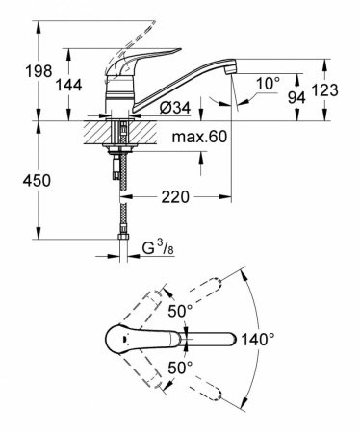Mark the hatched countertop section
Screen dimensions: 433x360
(98, 129)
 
